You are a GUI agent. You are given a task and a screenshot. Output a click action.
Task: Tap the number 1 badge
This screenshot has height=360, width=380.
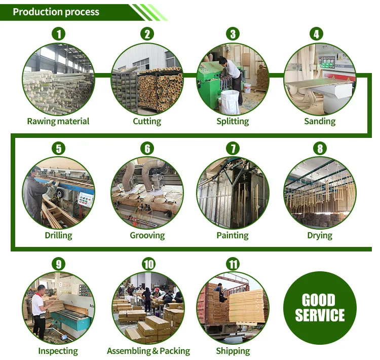click(x=59, y=34)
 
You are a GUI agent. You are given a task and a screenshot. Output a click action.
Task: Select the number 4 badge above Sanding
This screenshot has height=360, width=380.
click(x=317, y=34)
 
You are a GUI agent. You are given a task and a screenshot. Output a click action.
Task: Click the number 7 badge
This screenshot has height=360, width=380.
click(x=233, y=149)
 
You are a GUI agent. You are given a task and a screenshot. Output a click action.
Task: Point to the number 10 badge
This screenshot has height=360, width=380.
click(x=148, y=264)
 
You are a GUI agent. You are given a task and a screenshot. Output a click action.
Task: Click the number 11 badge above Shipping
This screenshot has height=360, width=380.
click(x=233, y=264)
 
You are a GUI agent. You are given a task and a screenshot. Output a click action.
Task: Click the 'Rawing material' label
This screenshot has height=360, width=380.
click(x=58, y=121)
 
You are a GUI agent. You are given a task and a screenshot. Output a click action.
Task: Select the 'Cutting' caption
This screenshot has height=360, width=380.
click(x=147, y=121)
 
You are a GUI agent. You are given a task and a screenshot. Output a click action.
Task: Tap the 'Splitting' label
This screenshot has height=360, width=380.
click(x=233, y=121)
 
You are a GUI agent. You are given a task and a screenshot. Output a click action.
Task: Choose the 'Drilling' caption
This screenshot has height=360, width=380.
click(x=58, y=235)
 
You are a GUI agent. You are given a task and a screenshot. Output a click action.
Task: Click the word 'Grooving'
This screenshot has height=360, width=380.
click(x=147, y=235)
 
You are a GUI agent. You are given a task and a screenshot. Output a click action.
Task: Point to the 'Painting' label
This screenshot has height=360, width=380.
click(x=233, y=235)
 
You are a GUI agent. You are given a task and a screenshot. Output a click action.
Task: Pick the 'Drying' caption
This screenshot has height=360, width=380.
click(x=320, y=235)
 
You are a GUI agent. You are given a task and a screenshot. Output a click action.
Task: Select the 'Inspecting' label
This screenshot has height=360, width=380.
click(x=58, y=351)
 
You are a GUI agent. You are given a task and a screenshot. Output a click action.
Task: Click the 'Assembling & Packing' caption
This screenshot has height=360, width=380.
click(x=148, y=351)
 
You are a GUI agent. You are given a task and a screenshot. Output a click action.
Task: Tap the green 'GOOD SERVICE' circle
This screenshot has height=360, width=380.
click(x=320, y=308)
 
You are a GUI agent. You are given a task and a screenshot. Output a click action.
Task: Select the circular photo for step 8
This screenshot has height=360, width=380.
click(x=320, y=193)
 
